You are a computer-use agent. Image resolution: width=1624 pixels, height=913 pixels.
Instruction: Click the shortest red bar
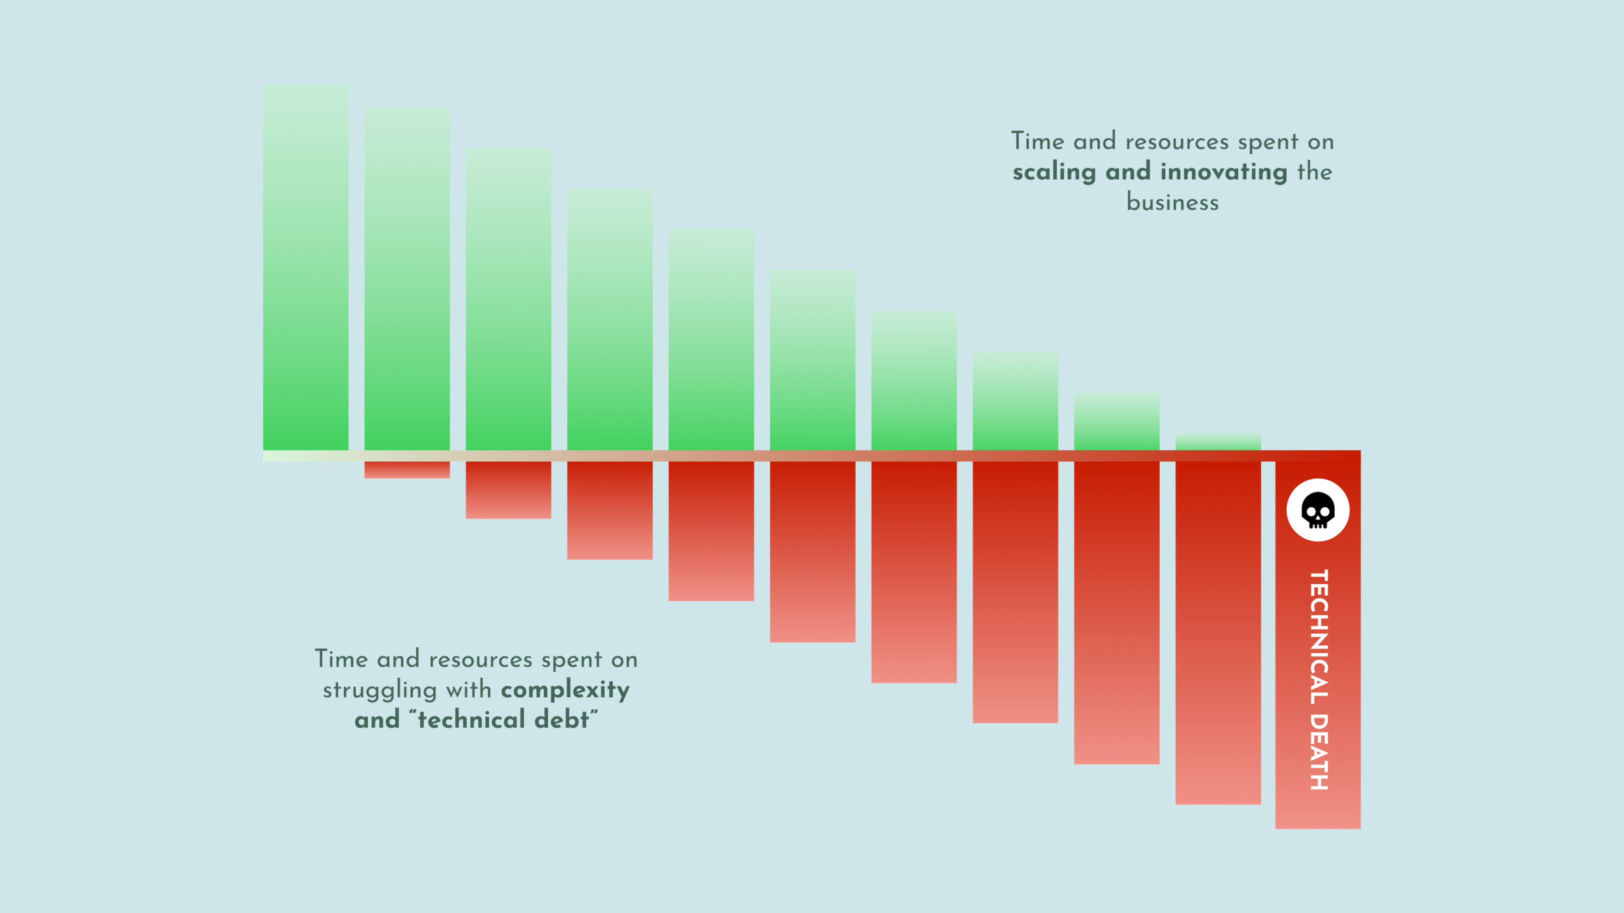407,470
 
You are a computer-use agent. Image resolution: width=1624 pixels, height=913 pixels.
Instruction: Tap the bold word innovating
1224,172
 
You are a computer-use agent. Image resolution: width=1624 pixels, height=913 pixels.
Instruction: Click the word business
1173,202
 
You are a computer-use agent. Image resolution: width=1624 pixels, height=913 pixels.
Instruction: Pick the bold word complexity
565,690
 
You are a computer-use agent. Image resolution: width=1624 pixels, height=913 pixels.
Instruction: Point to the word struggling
379,690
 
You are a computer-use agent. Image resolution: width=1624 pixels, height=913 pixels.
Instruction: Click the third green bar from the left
508,299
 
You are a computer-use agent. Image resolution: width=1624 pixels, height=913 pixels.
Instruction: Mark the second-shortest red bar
508,490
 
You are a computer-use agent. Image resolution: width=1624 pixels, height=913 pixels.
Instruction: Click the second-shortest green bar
1116,422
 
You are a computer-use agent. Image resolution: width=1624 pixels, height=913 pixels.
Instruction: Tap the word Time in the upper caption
1038,142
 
